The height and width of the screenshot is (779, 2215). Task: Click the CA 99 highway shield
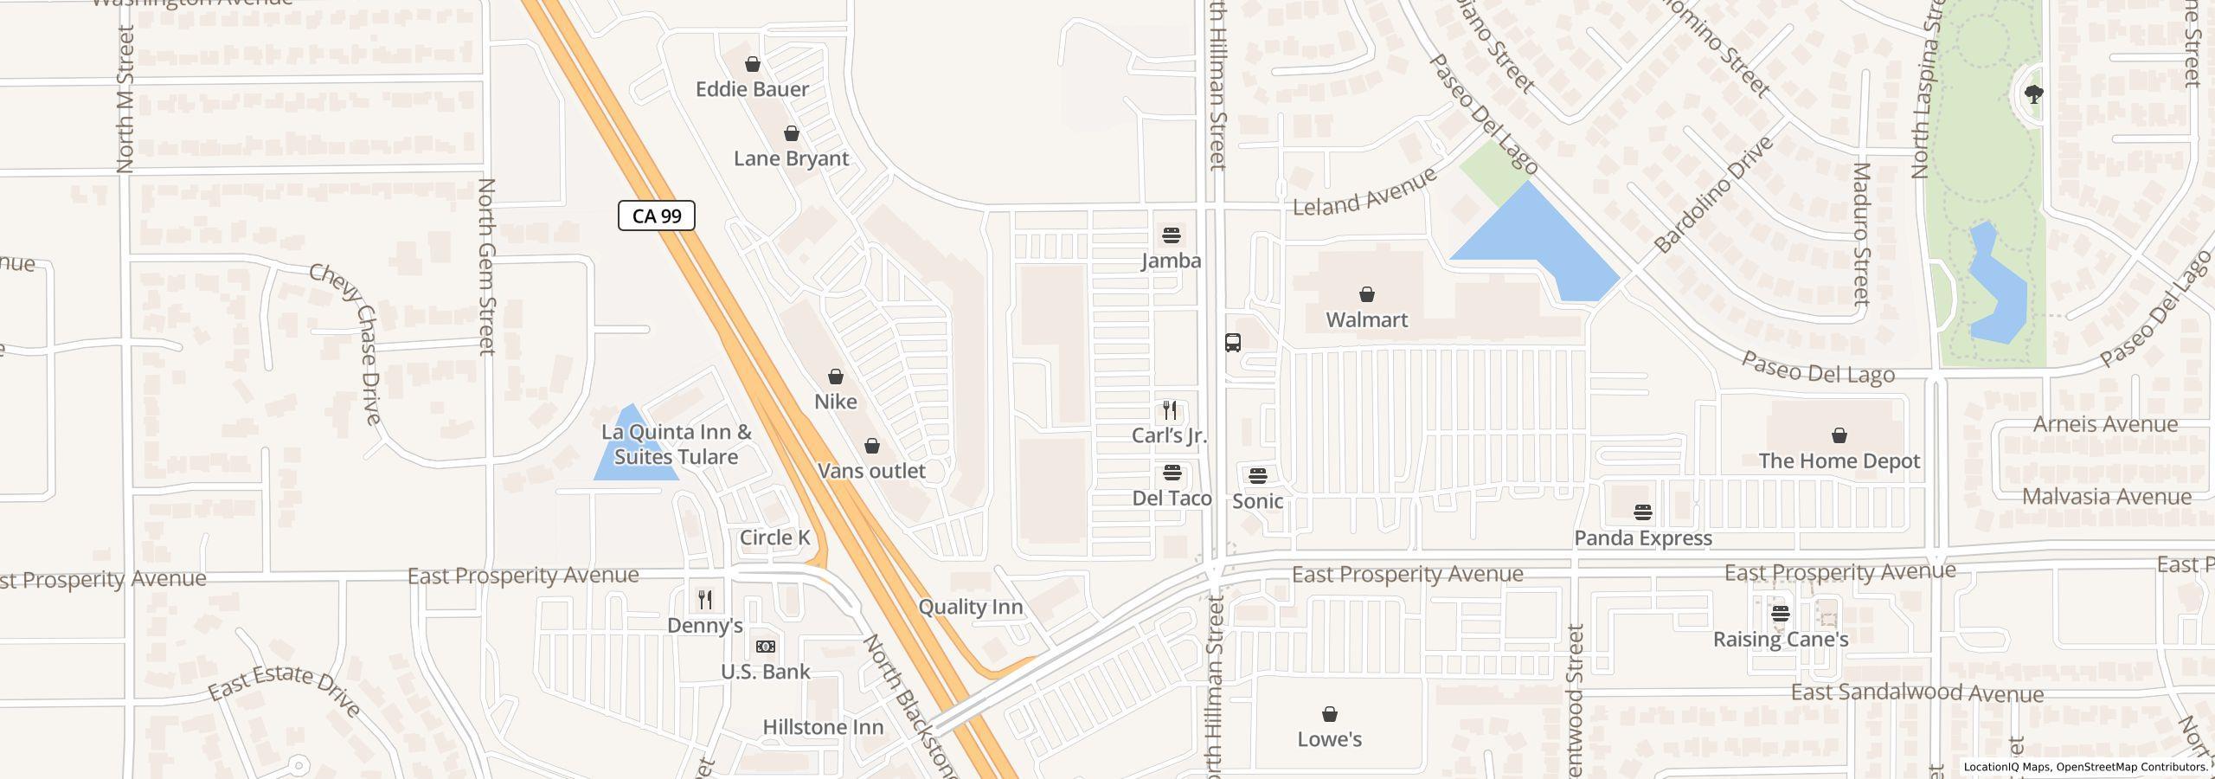tap(657, 216)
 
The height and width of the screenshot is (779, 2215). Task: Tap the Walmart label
tap(1367, 320)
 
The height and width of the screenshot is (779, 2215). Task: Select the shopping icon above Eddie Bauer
tap(753, 64)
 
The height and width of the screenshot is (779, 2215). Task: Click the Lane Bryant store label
tap(792, 158)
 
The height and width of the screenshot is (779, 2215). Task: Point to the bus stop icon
tap(1233, 342)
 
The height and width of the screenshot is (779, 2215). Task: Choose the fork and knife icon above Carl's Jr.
tap(1170, 409)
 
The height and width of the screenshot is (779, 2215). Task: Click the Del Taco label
tap(1172, 499)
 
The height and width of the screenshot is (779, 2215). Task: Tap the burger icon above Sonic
tap(1257, 475)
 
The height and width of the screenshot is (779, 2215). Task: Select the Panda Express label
tap(1643, 538)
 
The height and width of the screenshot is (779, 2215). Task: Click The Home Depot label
tap(1839, 461)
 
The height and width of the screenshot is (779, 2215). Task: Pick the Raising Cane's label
tap(1781, 640)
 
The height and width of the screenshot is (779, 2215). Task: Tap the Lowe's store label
tap(1330, 739)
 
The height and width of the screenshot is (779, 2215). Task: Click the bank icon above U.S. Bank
tap(766, 647)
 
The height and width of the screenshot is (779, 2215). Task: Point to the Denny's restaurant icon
tap(705, 599)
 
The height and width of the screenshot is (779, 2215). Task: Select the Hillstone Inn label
tap(823, 727)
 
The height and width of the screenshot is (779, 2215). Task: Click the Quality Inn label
tap(971, 607)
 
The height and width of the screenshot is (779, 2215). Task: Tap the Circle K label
tap(775, 538)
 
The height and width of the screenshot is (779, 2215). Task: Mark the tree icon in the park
tap(2034, 94)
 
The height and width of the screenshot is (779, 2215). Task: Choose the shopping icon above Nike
tap(836, 377)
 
